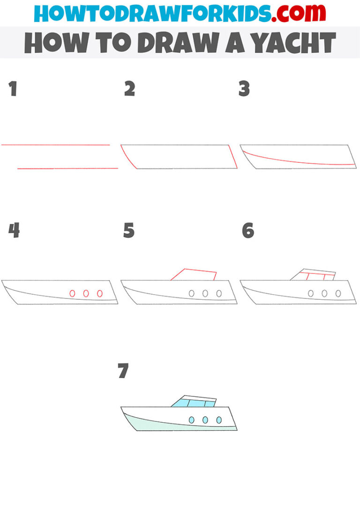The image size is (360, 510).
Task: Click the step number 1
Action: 13,89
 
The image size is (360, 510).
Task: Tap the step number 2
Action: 129,89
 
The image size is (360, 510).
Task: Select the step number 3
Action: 244,89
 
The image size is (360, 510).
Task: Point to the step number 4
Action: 14,230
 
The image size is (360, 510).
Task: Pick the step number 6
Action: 247,230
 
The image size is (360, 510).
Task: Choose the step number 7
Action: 123,371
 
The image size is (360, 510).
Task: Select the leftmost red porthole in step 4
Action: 72,293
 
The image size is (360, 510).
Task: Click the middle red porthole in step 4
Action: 86,293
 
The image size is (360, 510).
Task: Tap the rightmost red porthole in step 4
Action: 100,293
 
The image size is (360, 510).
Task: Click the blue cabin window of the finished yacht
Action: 192,403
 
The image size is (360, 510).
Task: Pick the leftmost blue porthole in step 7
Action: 191,420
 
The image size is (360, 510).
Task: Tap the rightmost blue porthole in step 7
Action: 219,420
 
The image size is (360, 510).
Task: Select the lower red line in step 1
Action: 68,168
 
